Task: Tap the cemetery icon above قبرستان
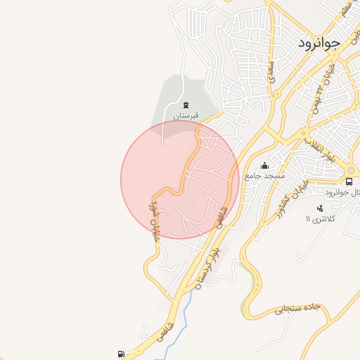click(185, 104)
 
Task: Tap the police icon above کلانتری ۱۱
click(321, 208)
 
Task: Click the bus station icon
click(349, 182)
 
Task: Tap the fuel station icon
click(123, 354)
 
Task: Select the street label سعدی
click(271, 70)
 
